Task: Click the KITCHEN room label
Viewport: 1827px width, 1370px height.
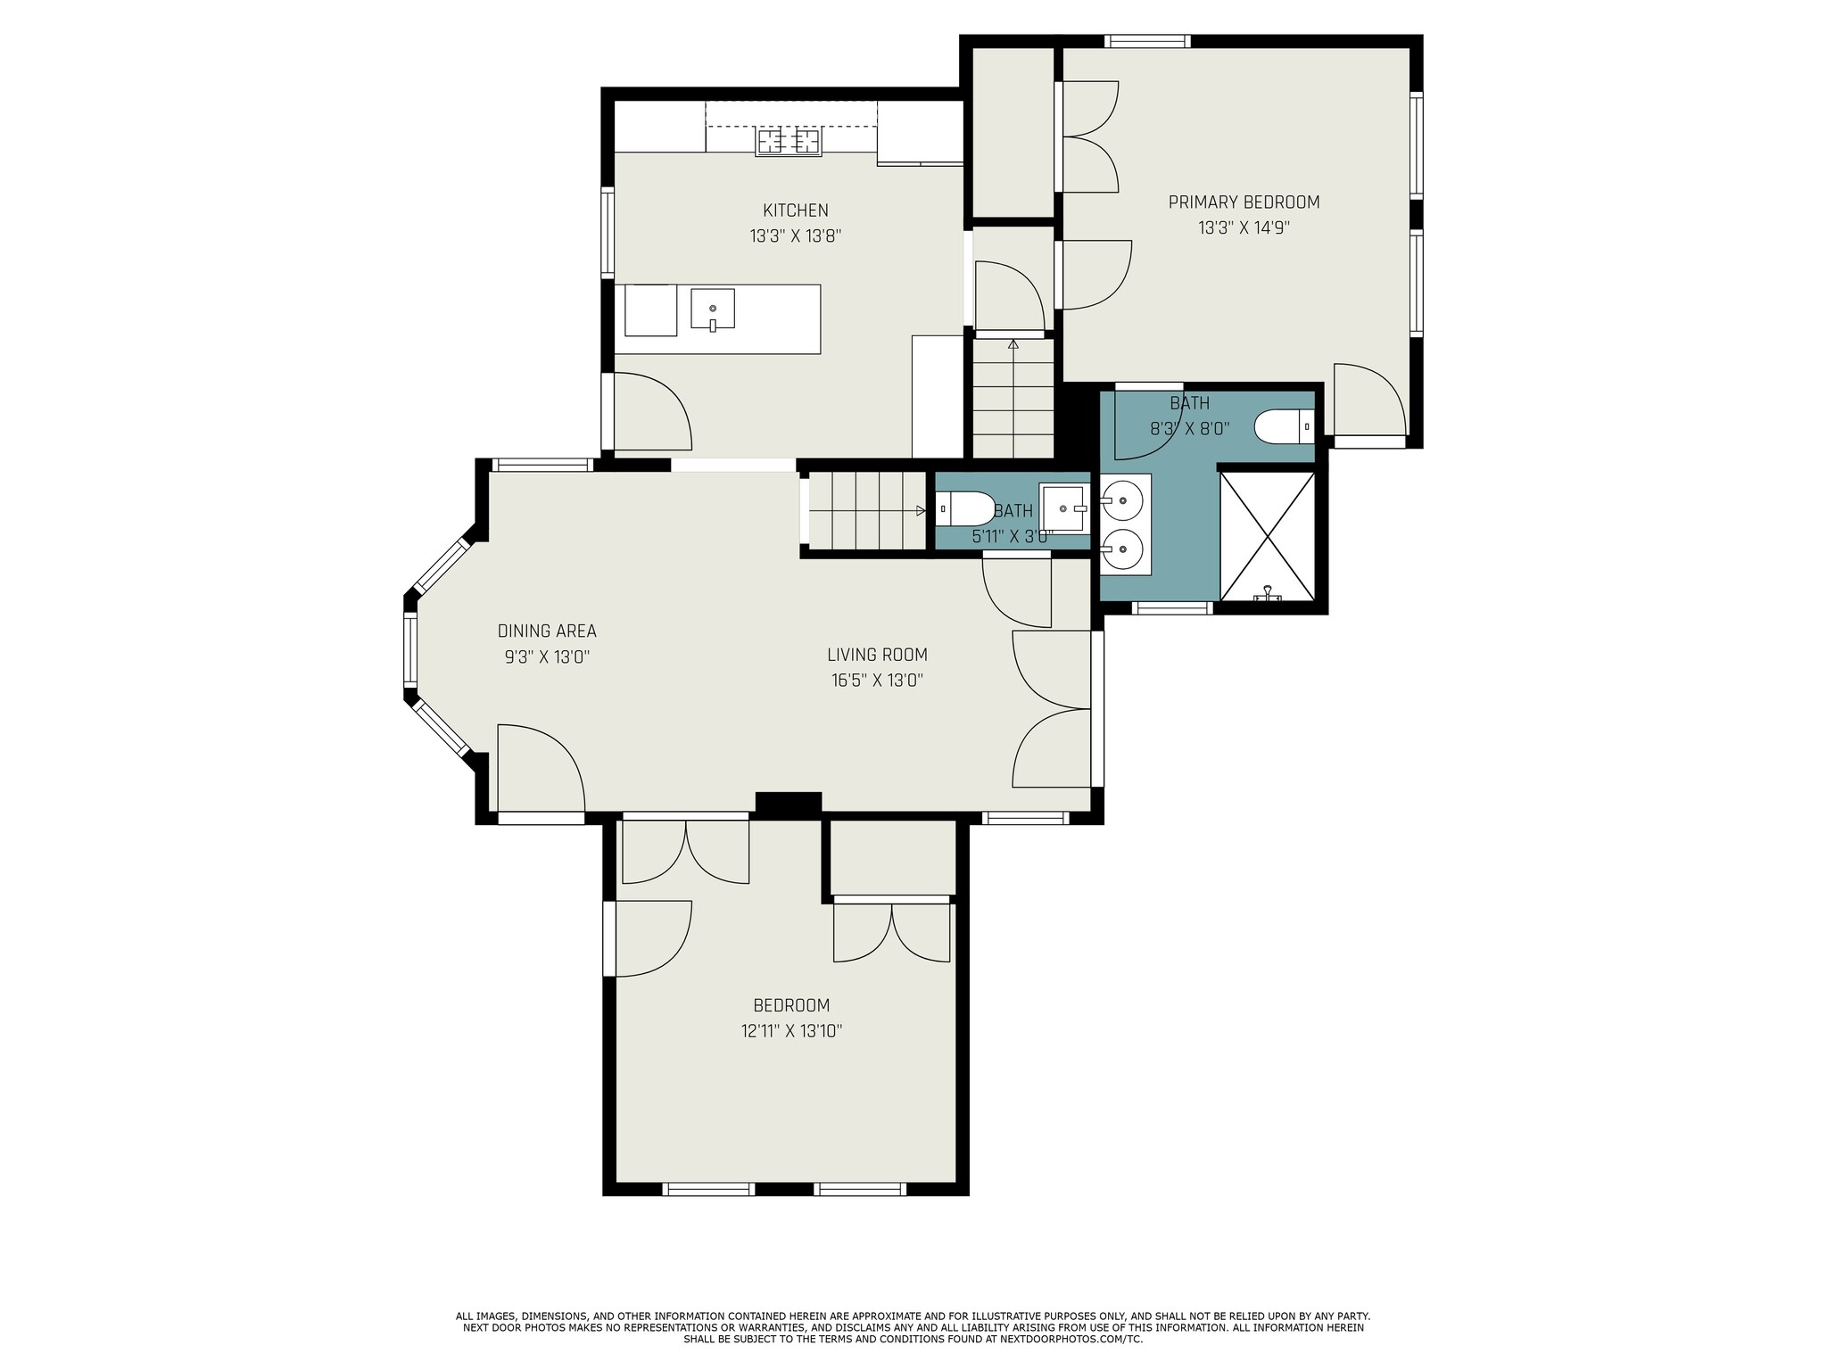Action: click(x=795, y=210)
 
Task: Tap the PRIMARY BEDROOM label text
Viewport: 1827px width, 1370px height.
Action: click(x=1244, y=202)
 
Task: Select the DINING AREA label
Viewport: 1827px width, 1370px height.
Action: click(x=547, y=631)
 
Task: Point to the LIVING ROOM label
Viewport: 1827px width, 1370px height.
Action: click(x=877, y=655)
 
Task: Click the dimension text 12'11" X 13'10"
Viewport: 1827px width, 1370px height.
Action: click(x=791, y=1031)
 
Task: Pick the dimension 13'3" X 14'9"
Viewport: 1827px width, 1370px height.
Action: click(x=1244, y=227)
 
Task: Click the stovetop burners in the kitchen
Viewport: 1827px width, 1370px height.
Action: click(x=789, y=142)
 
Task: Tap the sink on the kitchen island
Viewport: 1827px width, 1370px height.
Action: click(x=713, y=309)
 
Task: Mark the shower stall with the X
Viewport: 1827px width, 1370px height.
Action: click(x=1267, y=536)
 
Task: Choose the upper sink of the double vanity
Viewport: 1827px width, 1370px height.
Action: click(x=1122, y=499)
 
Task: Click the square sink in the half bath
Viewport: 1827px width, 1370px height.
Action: click(x=1063, y=508)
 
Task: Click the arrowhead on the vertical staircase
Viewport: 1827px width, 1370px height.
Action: click(x=1013, y=343)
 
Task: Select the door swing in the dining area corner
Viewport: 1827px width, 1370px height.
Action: click(x=541, y=769)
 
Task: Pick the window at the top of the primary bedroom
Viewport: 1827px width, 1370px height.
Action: click(x=1147, y=41)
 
